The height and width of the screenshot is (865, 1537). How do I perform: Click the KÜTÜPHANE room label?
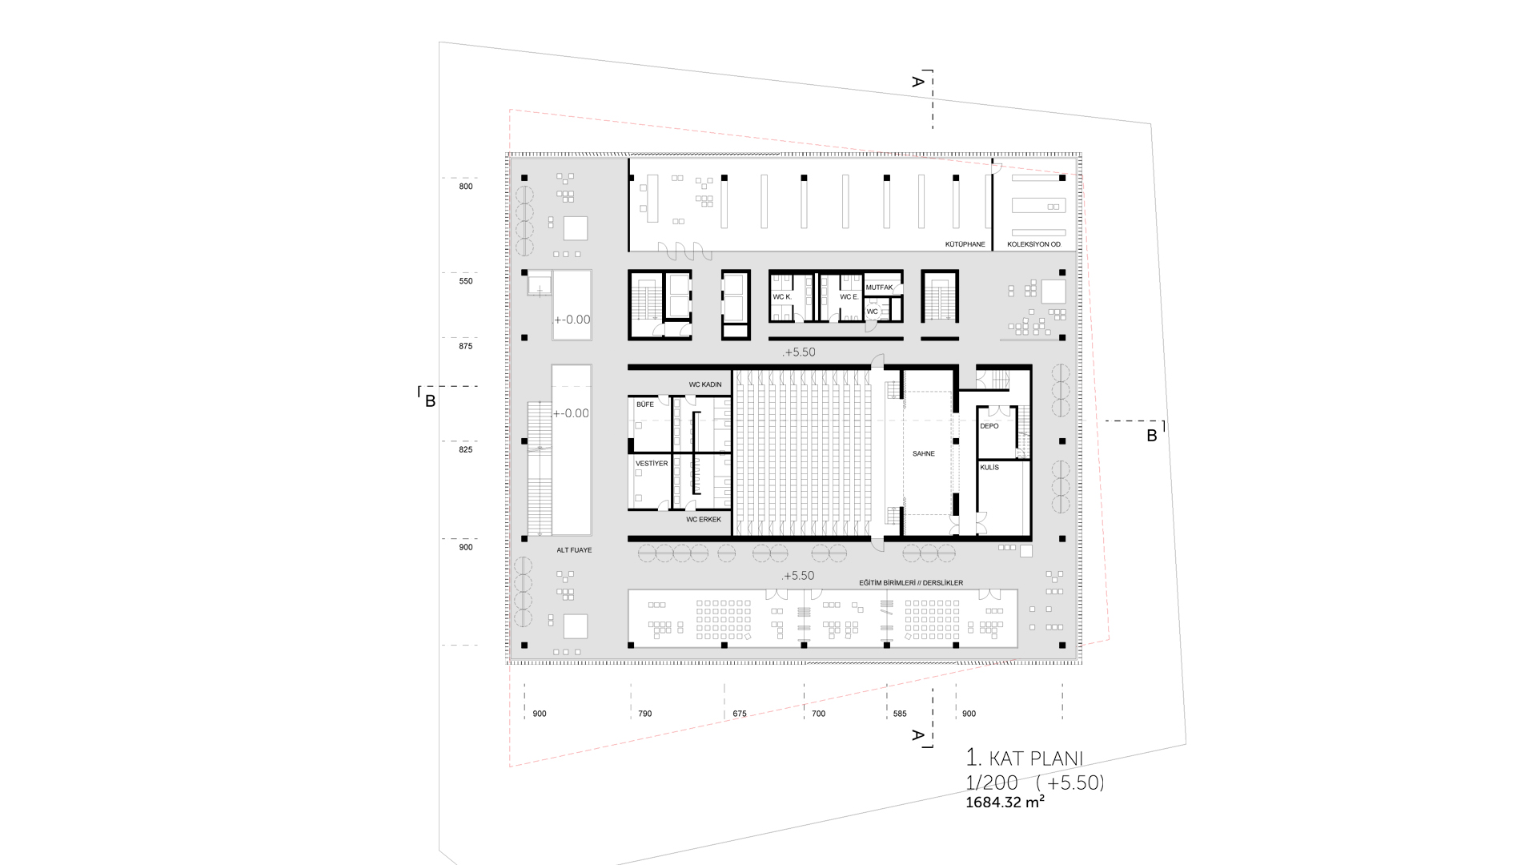point(965,244)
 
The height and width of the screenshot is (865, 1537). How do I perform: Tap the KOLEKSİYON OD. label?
point(1034,244)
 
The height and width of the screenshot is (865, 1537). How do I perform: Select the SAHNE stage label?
point(923,454)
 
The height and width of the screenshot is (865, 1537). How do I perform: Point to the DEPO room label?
point(989,426)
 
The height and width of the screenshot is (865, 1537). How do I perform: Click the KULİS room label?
point(989,468)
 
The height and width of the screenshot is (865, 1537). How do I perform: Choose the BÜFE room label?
point(644,404)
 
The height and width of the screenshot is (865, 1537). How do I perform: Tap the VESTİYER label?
point(652,464)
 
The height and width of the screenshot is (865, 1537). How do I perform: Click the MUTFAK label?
point(879,288)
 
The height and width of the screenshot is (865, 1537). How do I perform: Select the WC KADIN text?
point(705,384)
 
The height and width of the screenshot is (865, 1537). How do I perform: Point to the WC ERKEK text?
point(704,520)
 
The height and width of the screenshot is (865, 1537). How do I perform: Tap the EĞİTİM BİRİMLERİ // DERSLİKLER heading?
point(911,583)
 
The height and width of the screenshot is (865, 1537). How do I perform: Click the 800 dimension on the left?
point(466,187)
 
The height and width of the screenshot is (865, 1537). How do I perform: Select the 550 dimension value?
point(466,281)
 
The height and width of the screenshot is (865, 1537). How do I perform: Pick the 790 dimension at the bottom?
point(645,714)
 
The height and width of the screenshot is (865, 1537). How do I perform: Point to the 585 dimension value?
point(900,714)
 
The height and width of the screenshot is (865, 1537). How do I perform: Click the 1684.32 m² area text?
point(1005,802)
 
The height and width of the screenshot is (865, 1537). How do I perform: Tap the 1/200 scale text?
point(992,783)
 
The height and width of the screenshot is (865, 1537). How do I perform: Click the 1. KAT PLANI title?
point(1025,758)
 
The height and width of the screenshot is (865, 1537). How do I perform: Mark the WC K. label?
point(782,297)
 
